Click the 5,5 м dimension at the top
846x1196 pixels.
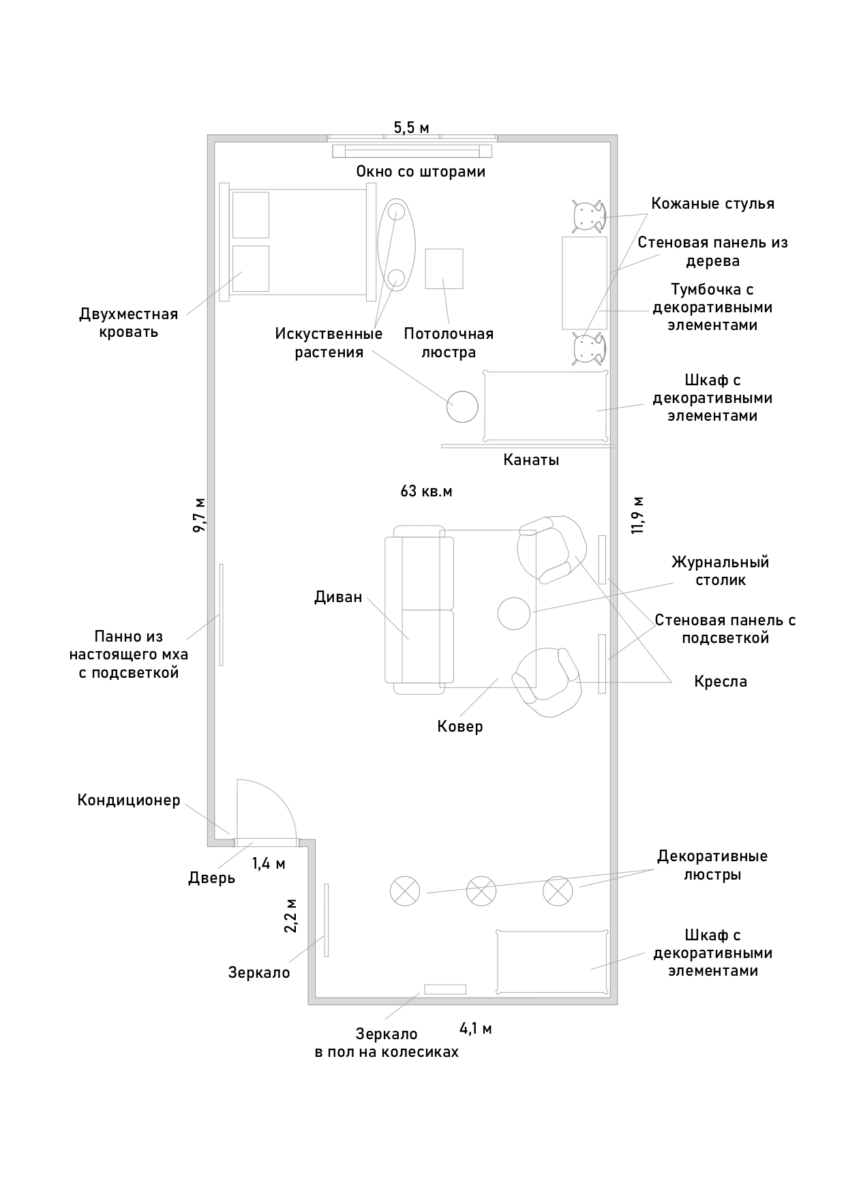tap(411, 128)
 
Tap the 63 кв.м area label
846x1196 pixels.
tap(426, 491)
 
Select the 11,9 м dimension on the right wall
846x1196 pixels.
tap(638, 515)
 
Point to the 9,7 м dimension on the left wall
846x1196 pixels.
tap(199, 515)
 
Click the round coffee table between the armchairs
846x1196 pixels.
tap(514, 613)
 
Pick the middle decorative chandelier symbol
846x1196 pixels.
tap(481, 891)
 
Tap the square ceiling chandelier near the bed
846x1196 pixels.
tap(444, 268)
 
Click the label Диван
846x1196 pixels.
tap(338, 597)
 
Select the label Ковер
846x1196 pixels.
tap(460, 726)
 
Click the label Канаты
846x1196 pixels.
tap(531, 460)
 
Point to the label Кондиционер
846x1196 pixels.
tap(129, 800)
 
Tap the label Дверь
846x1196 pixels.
tap(212, 878)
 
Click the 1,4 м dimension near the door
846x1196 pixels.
tap(269, 864)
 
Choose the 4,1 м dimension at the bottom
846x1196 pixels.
tap(475, 1029)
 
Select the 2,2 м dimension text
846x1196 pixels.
tap(290, 916)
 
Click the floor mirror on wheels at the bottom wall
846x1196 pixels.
tap(445, 989)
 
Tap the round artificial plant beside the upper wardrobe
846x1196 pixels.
tap(462, 407)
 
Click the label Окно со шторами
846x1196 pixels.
tap(421, 172)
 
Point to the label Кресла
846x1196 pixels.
tap(721, 682)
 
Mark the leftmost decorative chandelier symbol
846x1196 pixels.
tap(405, 891)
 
